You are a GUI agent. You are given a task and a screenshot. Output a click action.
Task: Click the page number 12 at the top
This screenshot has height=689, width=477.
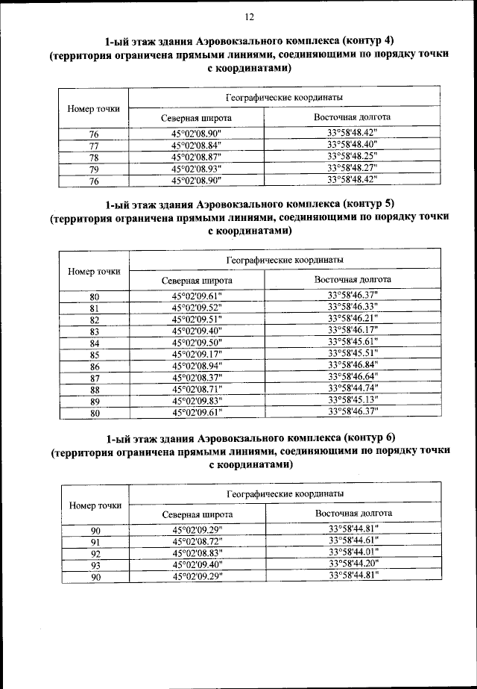coord(249,16)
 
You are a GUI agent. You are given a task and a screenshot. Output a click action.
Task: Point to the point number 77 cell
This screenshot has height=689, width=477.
coord(94,146)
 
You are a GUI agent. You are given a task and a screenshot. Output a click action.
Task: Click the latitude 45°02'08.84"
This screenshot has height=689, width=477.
coord(197,146)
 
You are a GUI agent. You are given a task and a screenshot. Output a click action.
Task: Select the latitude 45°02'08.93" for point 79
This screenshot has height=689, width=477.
coord(197,169)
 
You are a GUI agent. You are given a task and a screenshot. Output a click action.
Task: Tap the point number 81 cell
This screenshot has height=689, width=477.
coord(95,308)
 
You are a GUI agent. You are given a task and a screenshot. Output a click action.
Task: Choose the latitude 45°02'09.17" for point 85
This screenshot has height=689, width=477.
coord(198,354)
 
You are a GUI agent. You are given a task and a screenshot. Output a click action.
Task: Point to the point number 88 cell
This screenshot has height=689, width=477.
coord(95,389)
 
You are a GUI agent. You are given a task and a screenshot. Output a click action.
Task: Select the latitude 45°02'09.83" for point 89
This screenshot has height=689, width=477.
coord(198,400)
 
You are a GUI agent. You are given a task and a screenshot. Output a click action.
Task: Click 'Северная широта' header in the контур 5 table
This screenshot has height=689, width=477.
coord(197,281)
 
